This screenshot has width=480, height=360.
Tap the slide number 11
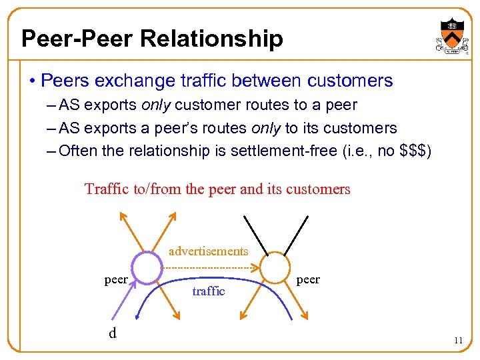(x=458, y=340)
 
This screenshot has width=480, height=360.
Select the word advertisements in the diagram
(x=208, y=251)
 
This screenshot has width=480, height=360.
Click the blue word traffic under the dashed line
(x=209, y=291)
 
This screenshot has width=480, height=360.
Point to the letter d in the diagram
(x=112, y=332)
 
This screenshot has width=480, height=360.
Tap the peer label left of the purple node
(x=116, y=279)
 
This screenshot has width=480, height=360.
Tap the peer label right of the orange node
(x=307, y=279)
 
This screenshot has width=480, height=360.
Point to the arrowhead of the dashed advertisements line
(x=256, y=268)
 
